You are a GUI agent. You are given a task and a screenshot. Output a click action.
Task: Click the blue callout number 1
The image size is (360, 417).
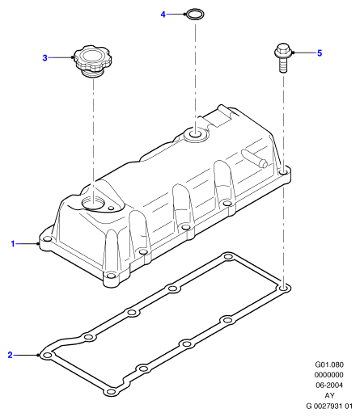[x=13, y=244]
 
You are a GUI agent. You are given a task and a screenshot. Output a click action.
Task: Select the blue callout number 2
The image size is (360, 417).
[x=10, y=355]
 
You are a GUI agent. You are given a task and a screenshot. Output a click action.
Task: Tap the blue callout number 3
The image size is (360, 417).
[x=44, y=58]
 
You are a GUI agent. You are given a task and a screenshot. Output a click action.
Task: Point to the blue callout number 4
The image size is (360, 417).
[x=163, y=15]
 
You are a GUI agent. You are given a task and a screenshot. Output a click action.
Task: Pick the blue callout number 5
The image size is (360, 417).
[x=320, y=53]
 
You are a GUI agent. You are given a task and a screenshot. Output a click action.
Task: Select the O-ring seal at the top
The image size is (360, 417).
[x=195, y=15]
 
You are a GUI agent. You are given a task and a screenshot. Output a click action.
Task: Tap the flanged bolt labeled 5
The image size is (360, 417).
[x=282, y=57]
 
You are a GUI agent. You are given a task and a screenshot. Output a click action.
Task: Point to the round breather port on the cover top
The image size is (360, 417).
[x=195, y=134]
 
